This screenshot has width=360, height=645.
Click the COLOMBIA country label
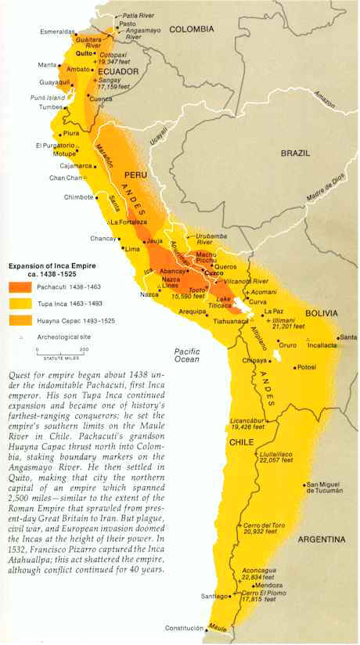[189, 29]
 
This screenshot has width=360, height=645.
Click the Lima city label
[132, 248]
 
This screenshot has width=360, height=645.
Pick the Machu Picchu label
[207, 258]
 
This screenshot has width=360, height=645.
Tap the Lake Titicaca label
[224, 304]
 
